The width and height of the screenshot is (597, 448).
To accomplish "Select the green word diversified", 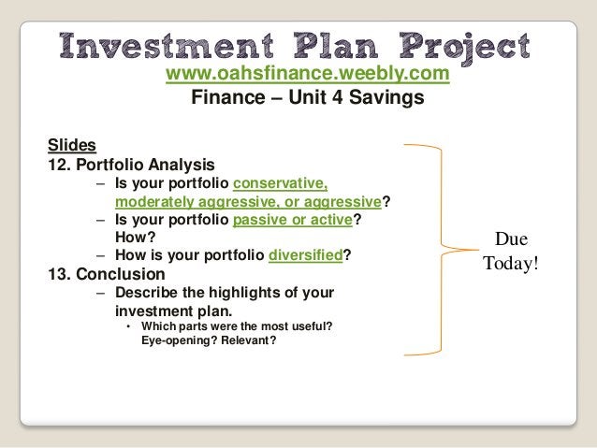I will (304, 256).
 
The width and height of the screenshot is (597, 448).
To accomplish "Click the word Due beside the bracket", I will (510, 240).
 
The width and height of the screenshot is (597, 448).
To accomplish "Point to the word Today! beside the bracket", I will (511, 263).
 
